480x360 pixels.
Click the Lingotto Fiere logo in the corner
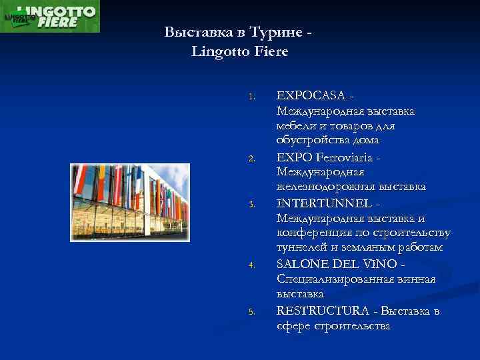(x=50, y=16)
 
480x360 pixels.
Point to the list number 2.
(x=251, y=158)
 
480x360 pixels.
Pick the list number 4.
(x=251, y=265)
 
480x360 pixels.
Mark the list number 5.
(x=251, y=311)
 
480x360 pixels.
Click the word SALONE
(x=299, y=263)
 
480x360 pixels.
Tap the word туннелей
(x=301, y=248)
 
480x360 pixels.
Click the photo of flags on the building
(x=130, y=201)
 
